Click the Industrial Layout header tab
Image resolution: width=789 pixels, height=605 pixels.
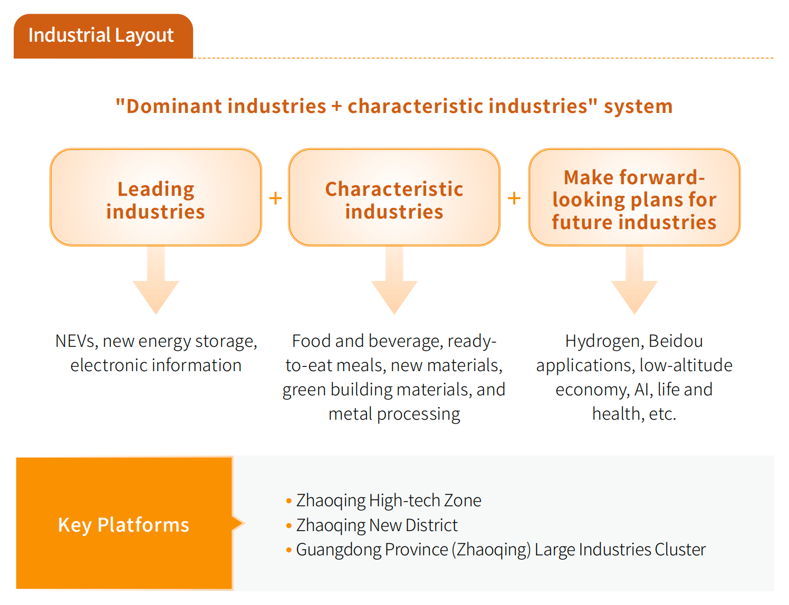pyautogui.click(x=103, y=36)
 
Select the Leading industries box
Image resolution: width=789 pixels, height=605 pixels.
pyautogui.click(x=156, y=197)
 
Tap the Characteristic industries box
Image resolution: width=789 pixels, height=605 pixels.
pyautogui.click(x=394, y=197)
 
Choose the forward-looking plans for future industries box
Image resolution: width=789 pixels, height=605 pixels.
pyautogui.click(x=634, y=197)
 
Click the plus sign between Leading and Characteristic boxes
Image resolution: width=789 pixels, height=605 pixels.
pyautogui.click(x=275, y=198)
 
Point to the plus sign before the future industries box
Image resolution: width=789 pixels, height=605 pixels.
pyautogui.click(x=514, y=198)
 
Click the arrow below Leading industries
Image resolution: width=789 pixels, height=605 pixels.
pyautogui.click(x=156, y=280)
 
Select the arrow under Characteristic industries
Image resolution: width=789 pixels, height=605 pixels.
pyautogui.click(x=395, y=280)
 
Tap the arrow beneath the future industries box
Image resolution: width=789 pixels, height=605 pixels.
pyautogui.click(x=634, y=280)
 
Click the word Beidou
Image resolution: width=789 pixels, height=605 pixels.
pyautogui.click(x=676, y=341)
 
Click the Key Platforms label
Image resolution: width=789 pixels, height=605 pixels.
pyautogui.click(x=124, y=525)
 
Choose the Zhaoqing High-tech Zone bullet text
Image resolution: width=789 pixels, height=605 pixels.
pyautogui.click(x=389, y=501)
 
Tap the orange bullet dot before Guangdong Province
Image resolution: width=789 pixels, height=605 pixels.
pyautogui.click(x=289, y=550)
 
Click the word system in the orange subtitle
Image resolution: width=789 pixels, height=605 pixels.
pyautogui.click(x=638, y=107)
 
